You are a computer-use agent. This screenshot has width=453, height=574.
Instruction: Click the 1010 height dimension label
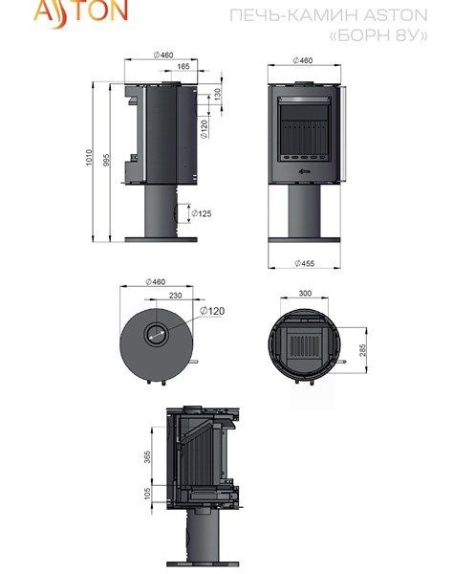[89, 158]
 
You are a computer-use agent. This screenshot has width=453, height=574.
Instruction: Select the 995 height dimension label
[106, 161]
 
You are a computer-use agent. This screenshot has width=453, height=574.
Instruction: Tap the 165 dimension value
[183, 66]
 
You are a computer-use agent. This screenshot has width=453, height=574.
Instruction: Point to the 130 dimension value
[218, 95]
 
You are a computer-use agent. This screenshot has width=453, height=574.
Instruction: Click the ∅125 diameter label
[202, 213]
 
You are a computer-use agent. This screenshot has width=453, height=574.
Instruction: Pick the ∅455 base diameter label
[305, 263]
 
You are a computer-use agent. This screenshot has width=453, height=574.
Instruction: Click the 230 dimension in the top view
[175, 295]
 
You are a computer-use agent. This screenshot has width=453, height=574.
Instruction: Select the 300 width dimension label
[305, 293]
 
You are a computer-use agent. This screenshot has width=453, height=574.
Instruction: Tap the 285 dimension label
[363, 350]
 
